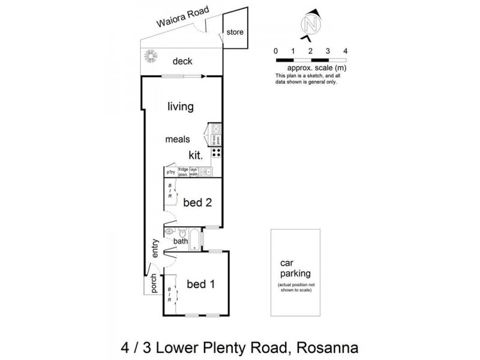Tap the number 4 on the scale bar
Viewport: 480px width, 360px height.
[346, 52]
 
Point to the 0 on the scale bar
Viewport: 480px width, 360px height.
[275, 52]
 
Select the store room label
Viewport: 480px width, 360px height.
[235, 32]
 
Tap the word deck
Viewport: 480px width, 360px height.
[182, 61]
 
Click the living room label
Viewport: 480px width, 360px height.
[180, 107]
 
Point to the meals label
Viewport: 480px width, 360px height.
[178, 139]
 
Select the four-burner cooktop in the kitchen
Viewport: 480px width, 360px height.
[216, 153]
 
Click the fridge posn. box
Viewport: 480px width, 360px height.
[183, 172]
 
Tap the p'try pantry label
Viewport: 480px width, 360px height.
[171, 172]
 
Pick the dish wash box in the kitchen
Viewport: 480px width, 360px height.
[193, 172]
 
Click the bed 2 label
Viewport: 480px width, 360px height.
[197, 203]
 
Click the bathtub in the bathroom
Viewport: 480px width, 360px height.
[195, 239]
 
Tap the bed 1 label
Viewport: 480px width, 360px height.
[200, 284]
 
